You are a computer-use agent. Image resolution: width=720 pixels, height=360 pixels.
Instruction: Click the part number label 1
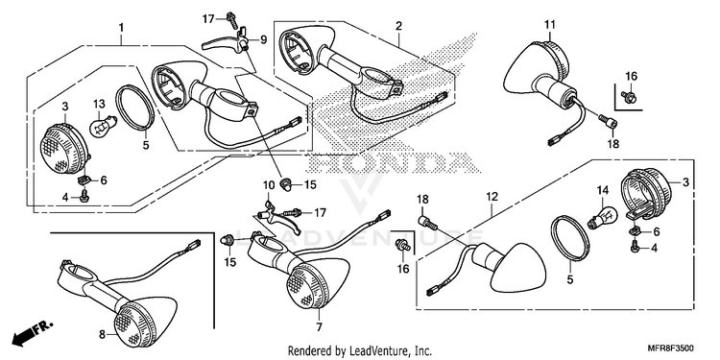[121, 28]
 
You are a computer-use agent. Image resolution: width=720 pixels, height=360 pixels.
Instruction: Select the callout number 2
[398, 26]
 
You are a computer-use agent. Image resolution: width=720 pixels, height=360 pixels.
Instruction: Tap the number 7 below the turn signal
[319, 327]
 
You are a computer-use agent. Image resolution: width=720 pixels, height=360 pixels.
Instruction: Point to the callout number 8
[102, 335]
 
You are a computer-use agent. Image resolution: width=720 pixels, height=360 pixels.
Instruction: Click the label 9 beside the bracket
[263, 40]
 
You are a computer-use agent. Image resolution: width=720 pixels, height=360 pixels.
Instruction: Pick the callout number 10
[268, 185]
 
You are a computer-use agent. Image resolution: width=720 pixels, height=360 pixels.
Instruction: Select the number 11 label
[550, 24]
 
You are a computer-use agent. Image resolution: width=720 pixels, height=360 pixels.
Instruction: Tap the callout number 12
[492, 197]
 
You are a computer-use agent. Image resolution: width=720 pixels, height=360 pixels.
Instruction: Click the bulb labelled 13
[100, 126]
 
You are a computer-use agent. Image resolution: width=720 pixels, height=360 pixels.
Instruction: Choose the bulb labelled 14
[600, 218]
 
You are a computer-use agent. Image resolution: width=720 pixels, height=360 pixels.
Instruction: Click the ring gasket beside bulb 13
[135, 108]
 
